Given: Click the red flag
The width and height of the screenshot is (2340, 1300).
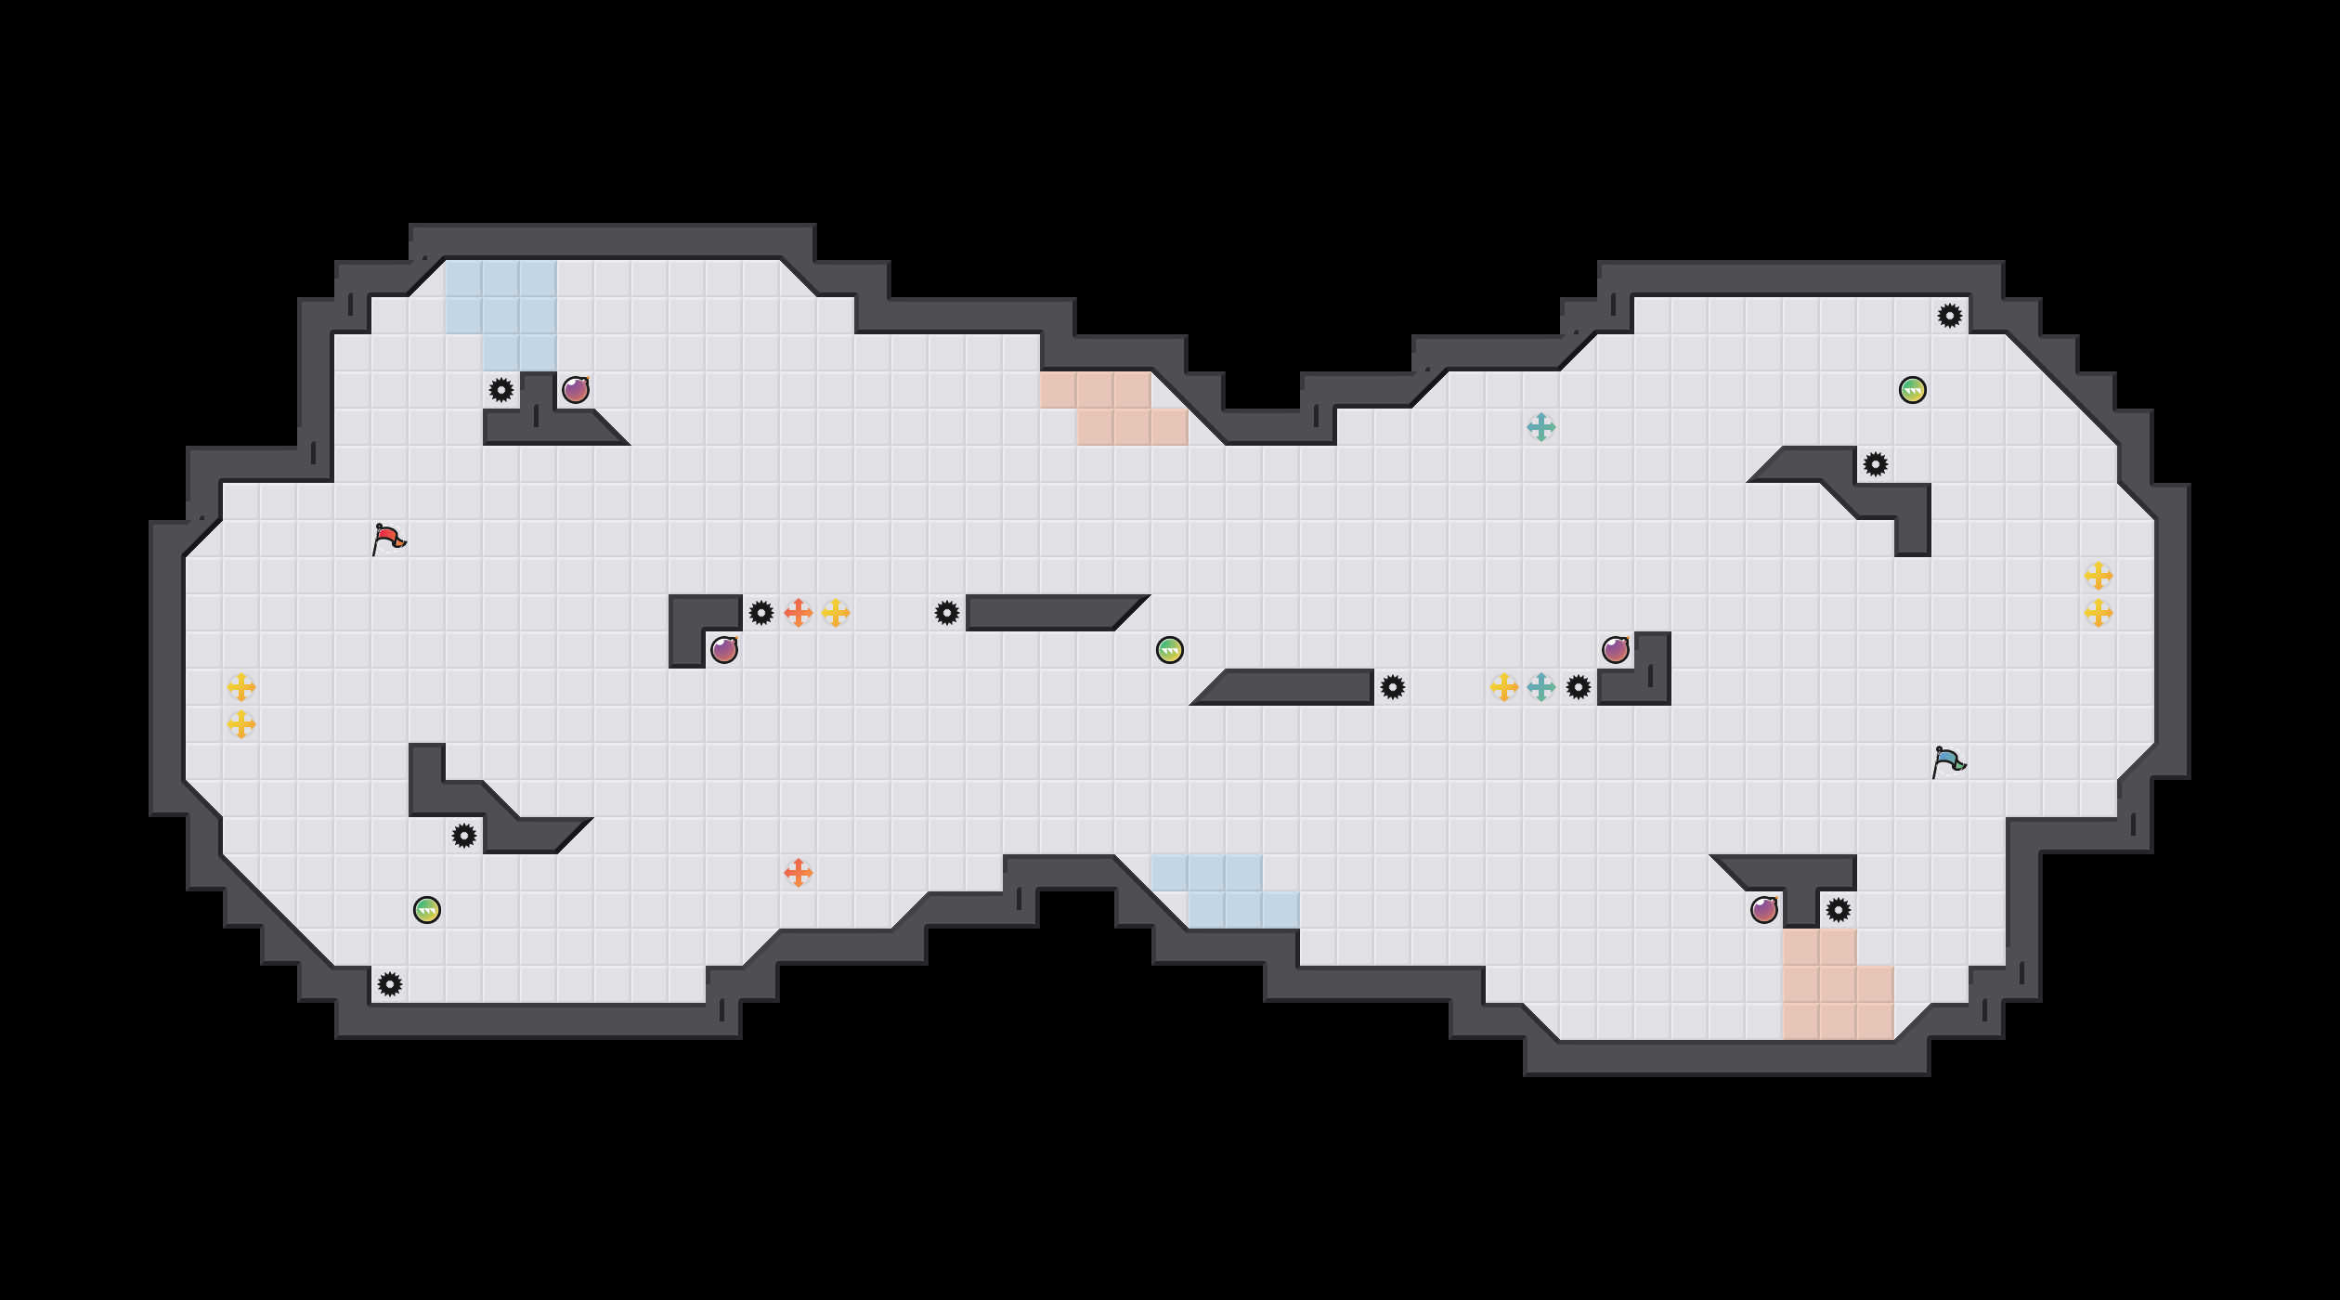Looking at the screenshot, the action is pyautogui.click(x=388, y=539).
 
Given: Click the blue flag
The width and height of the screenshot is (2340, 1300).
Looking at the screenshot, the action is pyautogui.click(x=1948, y=761).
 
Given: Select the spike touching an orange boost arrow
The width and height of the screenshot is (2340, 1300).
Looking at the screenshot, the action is pyautogui.click(x=761, y=613).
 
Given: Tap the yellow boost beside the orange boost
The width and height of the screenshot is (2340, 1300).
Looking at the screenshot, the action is pyautogui.click(x=836, y=613).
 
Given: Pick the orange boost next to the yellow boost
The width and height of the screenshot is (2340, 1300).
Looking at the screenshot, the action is pyautogui.click(x=799, y=613).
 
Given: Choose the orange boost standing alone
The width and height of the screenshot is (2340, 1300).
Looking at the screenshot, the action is pyautogui.click(x=799, y=873).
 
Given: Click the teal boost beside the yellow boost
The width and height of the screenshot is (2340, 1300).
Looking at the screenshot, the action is pyautogui.click(x=1541, y=687).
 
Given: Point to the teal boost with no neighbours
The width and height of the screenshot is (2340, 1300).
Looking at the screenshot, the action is pyautogui.click(x=1541, y=427).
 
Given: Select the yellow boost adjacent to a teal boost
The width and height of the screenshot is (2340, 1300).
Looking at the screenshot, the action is pyautogui.click(x=1504, y=687).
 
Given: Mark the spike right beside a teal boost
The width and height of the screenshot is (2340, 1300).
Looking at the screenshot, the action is pyautogui.click(x=1579, y=687).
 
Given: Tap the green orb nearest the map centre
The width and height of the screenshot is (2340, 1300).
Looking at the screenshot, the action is pyautogui.click(x=1170, y=650).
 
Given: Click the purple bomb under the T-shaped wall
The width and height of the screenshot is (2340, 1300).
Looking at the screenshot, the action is pyautogui.click(x=1764, y=910).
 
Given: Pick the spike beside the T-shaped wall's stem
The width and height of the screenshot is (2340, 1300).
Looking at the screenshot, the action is pyautogui.click(x=1839, y=910).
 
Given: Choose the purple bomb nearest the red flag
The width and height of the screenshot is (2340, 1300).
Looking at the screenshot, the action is pyautogui.click(x=576, y=390).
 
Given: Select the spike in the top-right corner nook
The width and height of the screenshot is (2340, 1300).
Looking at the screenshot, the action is pyautogui.click(x=1950, y=316).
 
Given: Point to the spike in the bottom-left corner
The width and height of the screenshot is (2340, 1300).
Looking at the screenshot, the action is pyautogui.click(x=390, y=984).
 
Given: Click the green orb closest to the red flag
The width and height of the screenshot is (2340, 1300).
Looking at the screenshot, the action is pyautogui.click(x=427, y=910).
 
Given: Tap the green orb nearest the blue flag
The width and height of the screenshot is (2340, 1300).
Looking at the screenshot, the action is pyautogui.click(x=1913, y=390).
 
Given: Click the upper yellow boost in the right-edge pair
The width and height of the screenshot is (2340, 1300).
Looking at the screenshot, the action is pyautogui.click(x=2099, y=576).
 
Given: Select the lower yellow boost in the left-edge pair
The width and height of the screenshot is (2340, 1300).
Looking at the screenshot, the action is pyautogui.click(x=241, y=724).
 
